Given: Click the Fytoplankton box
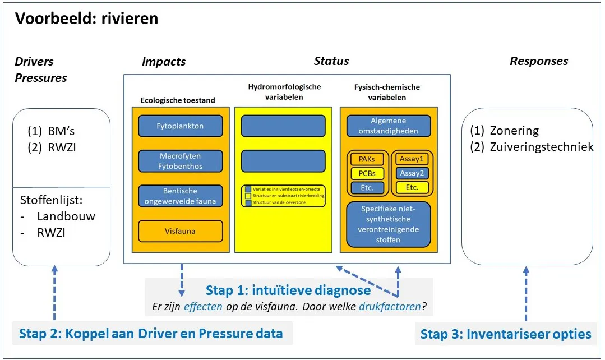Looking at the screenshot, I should (181, 126).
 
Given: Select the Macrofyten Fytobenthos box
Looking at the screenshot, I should (181, 161).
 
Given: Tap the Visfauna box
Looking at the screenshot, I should (181, 231).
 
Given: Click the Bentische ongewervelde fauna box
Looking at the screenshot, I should (181, 196).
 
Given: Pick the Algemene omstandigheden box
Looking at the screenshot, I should (388, 126).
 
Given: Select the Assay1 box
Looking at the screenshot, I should (412, 159).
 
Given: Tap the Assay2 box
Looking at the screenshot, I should (412, 173).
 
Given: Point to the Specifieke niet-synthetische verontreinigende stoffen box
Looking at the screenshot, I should (388, 224).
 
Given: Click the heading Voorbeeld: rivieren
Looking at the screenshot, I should (86, 19).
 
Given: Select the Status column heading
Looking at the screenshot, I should (331, 61).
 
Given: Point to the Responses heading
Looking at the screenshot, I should (539, 61).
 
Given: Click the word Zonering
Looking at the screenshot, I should (514, 131).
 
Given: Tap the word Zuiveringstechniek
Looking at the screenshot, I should (542, 147).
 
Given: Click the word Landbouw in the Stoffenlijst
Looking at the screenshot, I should (66, 216).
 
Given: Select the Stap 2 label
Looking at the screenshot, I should (151, 334).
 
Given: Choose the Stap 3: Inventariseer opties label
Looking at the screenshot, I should (506, 334).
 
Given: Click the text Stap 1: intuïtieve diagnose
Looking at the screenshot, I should (288, 290).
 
